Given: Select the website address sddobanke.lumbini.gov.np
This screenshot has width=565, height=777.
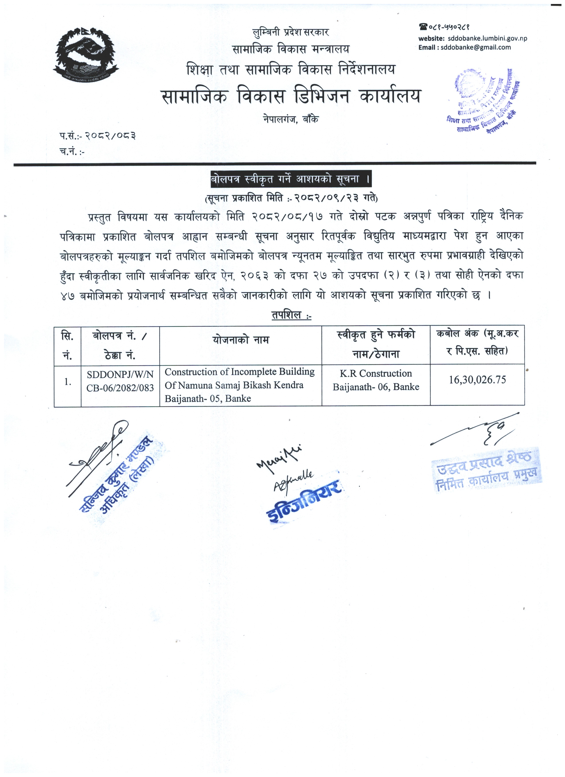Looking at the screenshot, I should (x=487, y=38).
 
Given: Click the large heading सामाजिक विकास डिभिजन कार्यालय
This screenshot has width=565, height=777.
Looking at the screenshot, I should (x=291, y=97).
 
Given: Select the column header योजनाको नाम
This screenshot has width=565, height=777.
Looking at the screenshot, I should (x=241, y=340).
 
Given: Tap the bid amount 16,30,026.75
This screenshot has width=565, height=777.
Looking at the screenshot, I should (x=477, y=380).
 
